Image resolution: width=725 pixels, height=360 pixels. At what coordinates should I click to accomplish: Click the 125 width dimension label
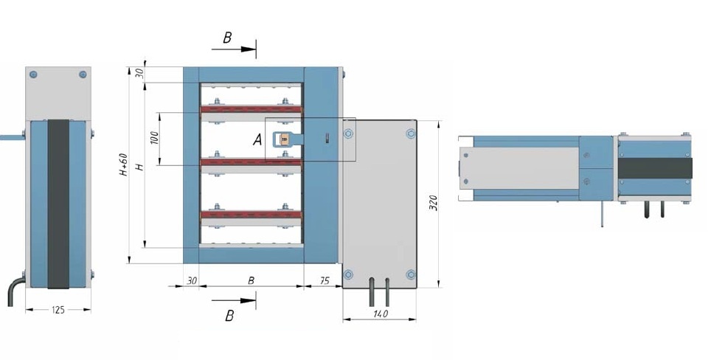58,310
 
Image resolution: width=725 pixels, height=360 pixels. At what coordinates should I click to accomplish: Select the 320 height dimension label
434,203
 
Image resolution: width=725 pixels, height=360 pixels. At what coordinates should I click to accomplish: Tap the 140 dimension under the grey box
380,314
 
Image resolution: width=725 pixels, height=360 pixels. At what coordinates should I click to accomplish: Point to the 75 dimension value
325,281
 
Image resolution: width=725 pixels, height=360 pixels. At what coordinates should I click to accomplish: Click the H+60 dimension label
123,165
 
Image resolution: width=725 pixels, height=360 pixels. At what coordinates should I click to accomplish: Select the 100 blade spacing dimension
155,137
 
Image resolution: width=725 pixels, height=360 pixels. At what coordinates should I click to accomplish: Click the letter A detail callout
257,139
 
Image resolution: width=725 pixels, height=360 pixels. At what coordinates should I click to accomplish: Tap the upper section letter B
227,38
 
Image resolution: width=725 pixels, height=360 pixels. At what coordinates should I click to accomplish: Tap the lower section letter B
229,316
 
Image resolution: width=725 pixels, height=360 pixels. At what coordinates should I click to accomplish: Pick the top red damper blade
251,110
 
